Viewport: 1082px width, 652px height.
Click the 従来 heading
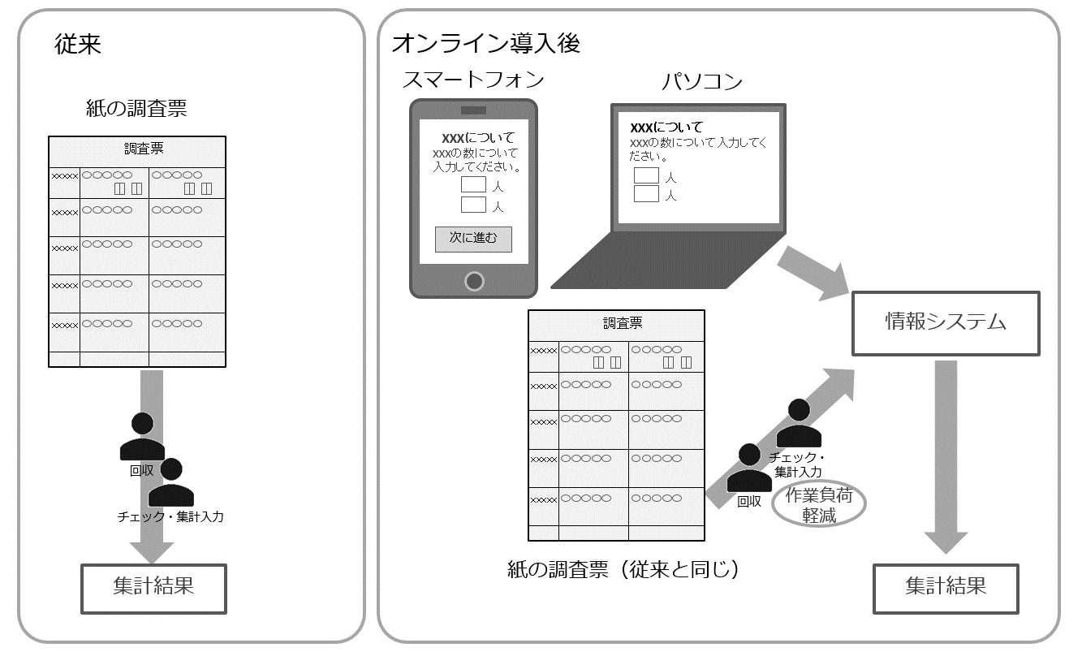pos(78,44)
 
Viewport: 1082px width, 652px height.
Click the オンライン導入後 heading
pos(486,43)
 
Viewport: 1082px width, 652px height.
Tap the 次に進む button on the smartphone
pos(473,239)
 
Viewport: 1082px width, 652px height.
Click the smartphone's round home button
pos(474,281)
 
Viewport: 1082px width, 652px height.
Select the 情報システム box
pos(946,323)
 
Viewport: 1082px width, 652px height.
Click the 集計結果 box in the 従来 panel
pos(153,589)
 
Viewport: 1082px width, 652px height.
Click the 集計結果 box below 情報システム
pos(946,589)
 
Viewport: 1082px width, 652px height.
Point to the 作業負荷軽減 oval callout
pos(819,504)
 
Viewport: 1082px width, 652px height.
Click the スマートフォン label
pos(473,80)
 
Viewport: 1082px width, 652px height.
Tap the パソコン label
pos(701,81)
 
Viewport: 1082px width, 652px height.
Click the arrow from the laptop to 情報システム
pos(813,273)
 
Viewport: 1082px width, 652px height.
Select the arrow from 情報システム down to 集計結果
pos(946,457)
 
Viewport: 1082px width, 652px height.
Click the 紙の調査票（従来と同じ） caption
pos(623,569)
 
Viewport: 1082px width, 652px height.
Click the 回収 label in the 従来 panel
pos(141,470)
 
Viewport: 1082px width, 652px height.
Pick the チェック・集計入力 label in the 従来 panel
pos(170,516)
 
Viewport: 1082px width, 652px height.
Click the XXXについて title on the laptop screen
pos(666,127)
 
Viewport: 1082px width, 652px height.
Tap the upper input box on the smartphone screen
pos(473,184)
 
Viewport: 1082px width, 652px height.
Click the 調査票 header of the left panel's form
pos(144,149)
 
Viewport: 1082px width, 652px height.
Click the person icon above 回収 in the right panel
pos(749,468)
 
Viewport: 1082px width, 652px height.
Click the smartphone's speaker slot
pos(473,110)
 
